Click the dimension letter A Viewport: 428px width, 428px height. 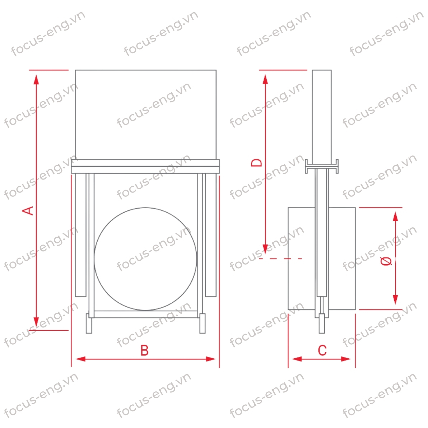pos(28,211)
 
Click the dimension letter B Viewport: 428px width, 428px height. pos(144,350)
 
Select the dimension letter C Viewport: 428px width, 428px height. pos(322,350)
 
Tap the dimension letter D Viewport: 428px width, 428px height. pos(257,163)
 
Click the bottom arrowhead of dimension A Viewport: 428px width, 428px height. pos(36,322)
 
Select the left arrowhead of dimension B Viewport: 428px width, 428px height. pos(80,359)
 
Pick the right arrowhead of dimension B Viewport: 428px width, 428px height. pos(211,359)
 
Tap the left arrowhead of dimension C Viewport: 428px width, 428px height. pos(297,359)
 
